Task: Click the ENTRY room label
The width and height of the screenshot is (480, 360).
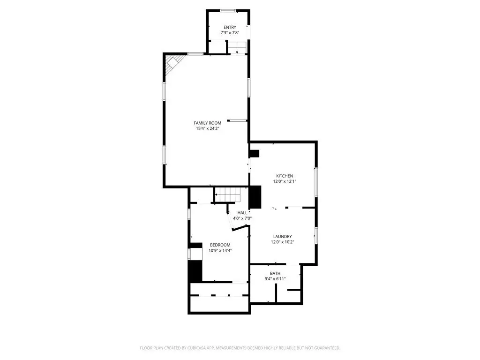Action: click(230, 27)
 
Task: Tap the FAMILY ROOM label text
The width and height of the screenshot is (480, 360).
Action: click(208, 123)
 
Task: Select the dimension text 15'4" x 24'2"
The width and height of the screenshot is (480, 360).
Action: click(208, 128)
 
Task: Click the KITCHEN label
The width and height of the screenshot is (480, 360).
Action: click(285, 176)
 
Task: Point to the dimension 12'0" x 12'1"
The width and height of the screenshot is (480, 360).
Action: click(285, 181)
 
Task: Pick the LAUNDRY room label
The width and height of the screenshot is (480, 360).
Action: click(283, 236)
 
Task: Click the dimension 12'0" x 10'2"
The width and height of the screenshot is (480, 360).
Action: click(283, 242)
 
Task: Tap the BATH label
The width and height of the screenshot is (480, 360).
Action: click(275, 273)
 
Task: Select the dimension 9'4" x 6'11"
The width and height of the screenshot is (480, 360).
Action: click(275, 279)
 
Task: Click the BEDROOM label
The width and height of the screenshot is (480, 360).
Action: click(220, 245)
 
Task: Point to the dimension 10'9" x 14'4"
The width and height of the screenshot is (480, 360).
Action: click(220, 250)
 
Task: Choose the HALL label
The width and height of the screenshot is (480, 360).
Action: click(242, 213)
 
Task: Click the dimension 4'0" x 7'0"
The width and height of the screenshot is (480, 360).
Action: click(242, 218)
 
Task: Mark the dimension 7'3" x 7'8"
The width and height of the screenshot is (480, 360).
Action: click(230, 33)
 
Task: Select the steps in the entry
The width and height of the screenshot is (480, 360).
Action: click(237, 47)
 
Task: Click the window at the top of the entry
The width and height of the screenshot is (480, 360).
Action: click(228, 11)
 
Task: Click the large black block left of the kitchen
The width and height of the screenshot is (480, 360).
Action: click(255, 197)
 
